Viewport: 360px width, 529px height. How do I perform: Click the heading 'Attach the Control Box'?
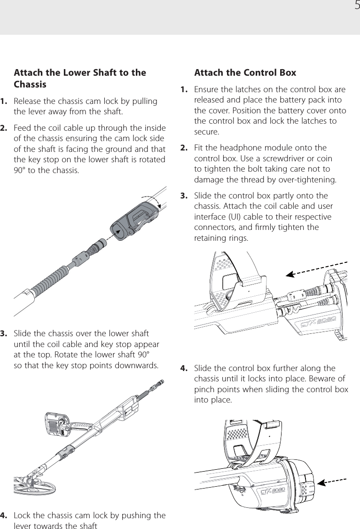click(x=245, y=73)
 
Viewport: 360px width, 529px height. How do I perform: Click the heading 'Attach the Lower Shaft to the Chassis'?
click(x=80, y=79)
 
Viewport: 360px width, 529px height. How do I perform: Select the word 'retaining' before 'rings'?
click(x=210, y=238)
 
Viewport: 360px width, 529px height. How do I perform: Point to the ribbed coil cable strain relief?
click(x=49, y=277)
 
